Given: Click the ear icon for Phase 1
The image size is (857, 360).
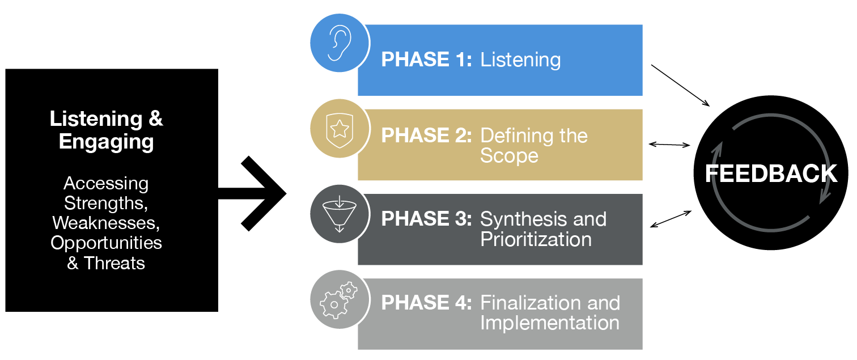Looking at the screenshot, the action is coord(340,43).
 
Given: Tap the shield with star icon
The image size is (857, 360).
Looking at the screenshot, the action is coord(340,130).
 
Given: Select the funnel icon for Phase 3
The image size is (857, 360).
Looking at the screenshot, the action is coord(340,214).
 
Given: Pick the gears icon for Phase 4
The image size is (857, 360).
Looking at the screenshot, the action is coord(338,300).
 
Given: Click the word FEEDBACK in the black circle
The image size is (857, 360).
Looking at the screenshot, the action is coord(771,173).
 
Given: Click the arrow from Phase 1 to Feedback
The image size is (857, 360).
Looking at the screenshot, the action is coord(680,85).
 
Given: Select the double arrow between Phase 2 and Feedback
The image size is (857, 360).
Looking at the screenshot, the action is coord(669,145).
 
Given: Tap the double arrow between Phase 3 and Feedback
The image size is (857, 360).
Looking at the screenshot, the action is coord(671,219).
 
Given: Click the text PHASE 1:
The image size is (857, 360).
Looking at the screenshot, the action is coord(426,60).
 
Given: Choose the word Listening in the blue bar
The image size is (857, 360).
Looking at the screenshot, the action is coord(520,60).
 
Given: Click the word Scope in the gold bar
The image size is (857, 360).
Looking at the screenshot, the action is coord(509,156).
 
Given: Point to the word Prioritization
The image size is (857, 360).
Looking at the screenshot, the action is coord(536,239).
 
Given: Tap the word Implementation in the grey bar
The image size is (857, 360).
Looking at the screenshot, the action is coord(550,323).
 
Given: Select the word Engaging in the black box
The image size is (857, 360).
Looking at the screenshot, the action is coord(107,142).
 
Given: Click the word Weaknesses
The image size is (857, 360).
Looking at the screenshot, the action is coord(106,223).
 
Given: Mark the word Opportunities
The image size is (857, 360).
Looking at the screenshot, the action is coord(106,243).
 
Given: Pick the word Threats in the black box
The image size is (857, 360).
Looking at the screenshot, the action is coord(114,263).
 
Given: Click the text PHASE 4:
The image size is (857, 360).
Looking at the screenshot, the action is coord(426,303).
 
